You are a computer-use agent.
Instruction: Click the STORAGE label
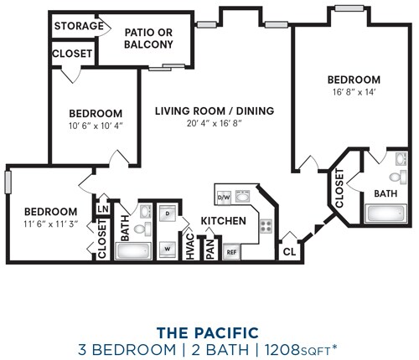(79, 26)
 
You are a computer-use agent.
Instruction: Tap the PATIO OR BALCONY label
(148, 39)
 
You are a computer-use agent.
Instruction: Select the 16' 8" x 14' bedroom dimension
(354, 92)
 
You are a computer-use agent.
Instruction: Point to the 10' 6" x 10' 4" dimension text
(96, 126)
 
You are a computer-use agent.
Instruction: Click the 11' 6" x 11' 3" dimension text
(50, 224)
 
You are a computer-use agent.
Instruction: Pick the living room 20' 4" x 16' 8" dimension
(215, 123)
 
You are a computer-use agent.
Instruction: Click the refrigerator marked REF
(231, 252)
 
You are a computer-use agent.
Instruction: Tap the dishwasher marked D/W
(224, 198)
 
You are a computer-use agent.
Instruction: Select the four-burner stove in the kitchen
(266, 226)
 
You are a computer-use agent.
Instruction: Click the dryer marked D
(168, 213)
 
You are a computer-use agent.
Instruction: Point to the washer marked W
(168, 249)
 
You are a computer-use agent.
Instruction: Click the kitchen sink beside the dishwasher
(242, 196)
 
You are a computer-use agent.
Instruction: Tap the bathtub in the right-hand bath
(385, 213)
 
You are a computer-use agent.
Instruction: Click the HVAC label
(190, 247)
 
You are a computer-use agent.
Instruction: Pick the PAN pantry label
(210, 249)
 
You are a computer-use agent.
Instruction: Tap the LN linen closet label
(103, 208)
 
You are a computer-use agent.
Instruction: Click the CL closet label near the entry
(289, 252)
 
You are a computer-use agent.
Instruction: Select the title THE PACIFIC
(208, 332)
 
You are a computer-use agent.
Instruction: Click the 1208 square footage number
(282, 350)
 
